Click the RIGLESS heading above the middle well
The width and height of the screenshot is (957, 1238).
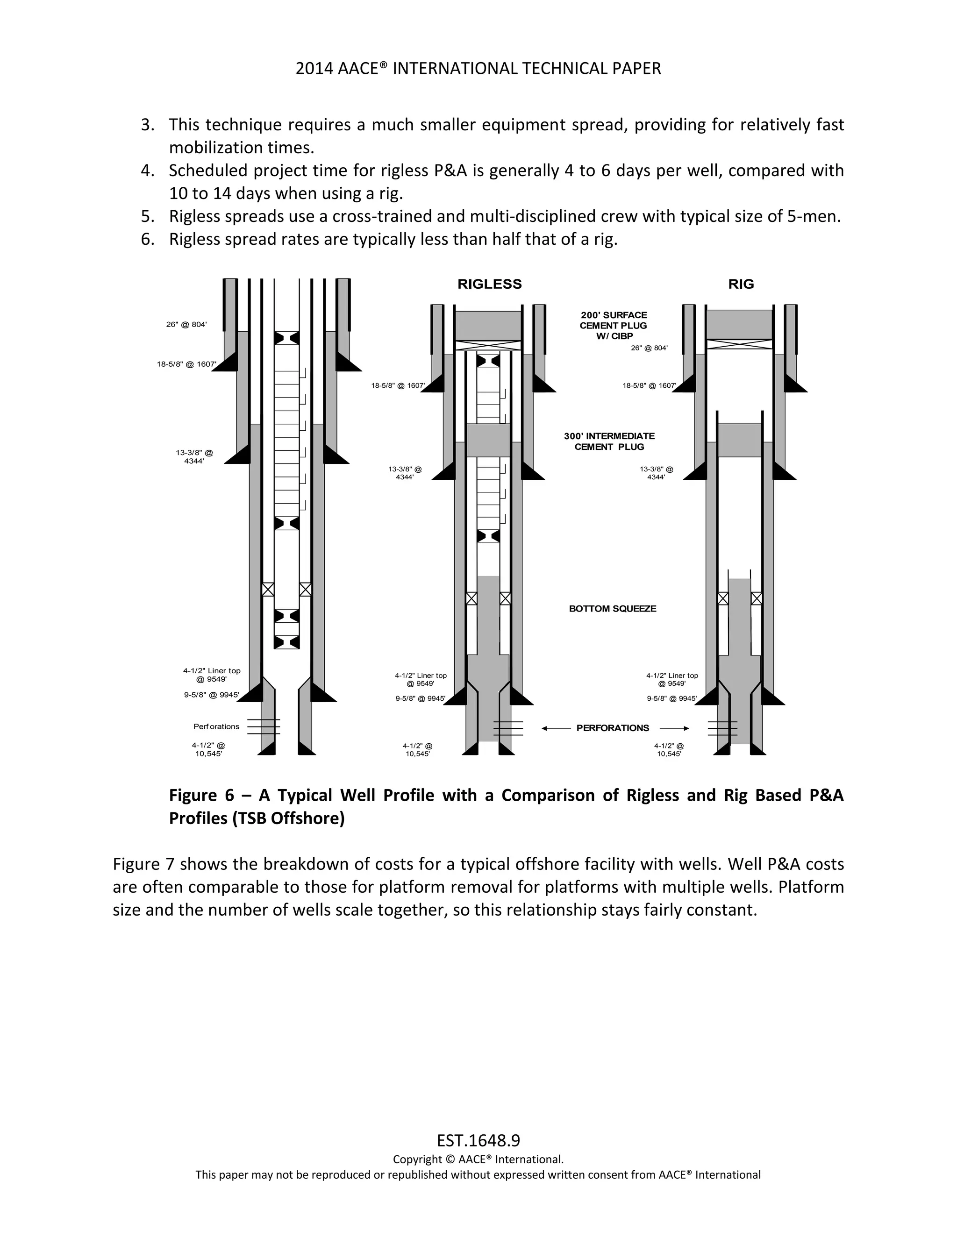[x=489, y=284]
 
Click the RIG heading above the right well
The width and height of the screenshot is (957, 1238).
[x=741, y=284]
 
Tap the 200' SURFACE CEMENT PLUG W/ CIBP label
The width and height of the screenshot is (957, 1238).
[x=614, y=325]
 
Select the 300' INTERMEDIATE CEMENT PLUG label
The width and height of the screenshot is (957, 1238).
[x=609, y=441]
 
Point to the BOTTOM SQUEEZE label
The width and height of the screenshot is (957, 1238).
[x=612, y=608]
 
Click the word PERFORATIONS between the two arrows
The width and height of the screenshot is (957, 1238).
[x=612, y=728]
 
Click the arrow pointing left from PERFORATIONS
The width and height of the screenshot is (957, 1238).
[x=556, y=728]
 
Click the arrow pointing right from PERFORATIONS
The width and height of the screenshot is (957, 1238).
[x=675, y=728]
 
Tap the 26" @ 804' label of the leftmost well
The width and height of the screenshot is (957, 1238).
[x=186, y=324]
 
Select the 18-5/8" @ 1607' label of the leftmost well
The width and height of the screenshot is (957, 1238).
[x=186, y=364]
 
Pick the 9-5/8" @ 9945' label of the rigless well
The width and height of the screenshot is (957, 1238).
[x=420, y=698]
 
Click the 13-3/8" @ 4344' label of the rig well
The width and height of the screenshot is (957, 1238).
[x=656, y=473]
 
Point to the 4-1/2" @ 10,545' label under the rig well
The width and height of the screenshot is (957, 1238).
[x=669, y=749]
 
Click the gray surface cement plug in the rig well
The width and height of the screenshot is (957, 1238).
[x=739, y=324]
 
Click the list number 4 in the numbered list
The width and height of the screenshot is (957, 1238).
[x=147, y=170]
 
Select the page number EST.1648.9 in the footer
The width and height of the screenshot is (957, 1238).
[x=478, y=1140]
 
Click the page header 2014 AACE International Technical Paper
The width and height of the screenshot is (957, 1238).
[x=478, y=69]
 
